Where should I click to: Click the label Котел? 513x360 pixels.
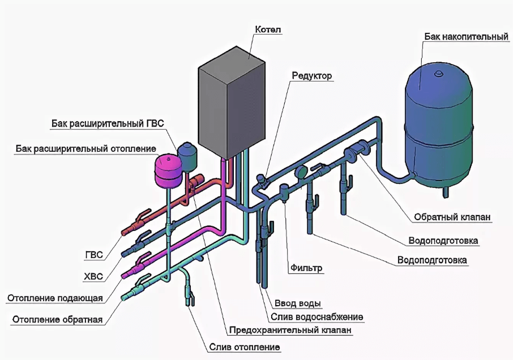(x=268, y=29)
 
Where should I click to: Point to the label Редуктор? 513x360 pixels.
(x=312, y=75)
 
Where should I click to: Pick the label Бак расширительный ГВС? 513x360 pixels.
(x=108, y=123)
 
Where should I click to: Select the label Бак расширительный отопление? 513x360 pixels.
(x=85, y=149)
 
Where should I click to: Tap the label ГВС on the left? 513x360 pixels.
(x=93, y=255)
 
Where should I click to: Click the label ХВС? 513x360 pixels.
(x=93, y=276)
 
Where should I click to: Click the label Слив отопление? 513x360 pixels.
(x=245, y=346)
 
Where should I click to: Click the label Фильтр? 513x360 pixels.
(x=307, y=268)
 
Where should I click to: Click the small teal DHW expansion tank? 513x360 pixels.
(x=186, y=152)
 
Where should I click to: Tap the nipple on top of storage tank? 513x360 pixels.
(x=438, y=74)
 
